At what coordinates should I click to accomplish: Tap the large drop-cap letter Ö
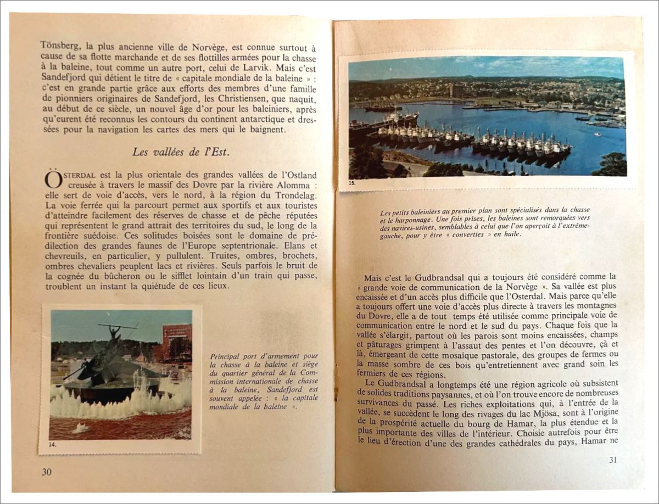(53, 180)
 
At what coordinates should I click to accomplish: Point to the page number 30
(47, 472)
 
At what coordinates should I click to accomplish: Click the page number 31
(613, 460)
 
